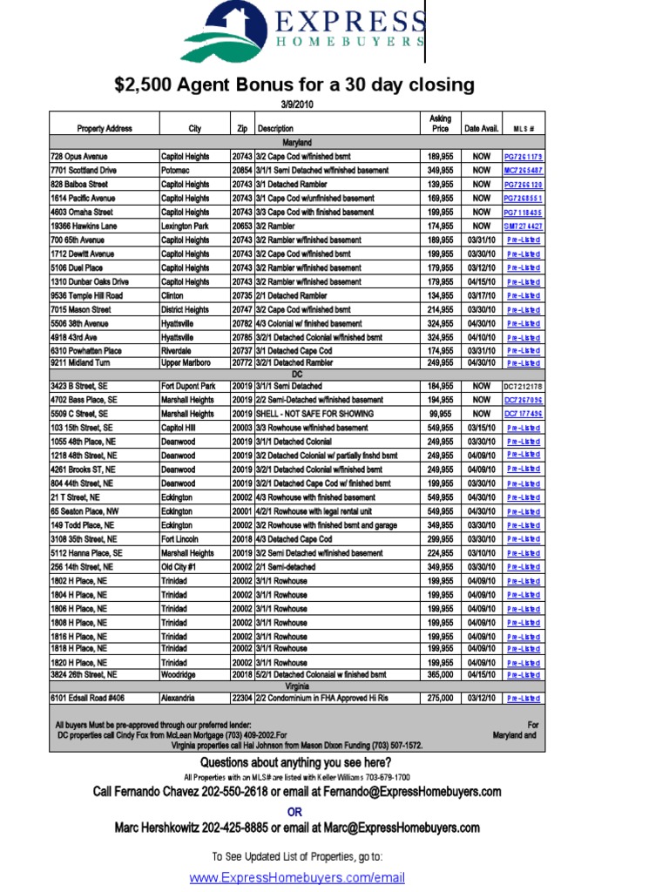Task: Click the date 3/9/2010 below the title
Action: (x=297, y=104)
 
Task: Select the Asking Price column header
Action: (x=441, y=123)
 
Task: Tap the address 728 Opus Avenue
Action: (x=78, y=156)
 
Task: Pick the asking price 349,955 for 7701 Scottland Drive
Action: (x=441, y=170)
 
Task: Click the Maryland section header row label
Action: (x=297, y=142)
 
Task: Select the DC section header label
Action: (x=297, y=374)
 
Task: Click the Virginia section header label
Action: (x=297, y=686)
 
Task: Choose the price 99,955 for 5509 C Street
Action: (x=441, y=414)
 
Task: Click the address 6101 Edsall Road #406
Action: (x=87, y=698)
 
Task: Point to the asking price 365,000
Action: (x=441, y=674)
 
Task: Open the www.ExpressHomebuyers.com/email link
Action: (x=297, y=877)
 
